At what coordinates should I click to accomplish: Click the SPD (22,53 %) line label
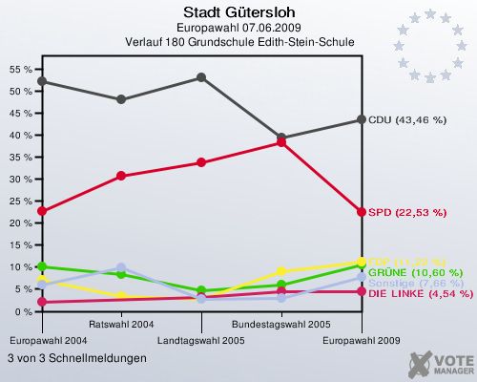click(406, 212)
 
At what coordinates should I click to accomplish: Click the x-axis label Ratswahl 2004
click(120, 325)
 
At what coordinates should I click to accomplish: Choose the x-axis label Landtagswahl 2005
click(200, 340)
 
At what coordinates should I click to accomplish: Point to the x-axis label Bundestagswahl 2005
click(280, 325)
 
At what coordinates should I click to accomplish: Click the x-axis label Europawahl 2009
click(362, 340)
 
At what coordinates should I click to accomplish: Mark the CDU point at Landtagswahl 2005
click(201, 77)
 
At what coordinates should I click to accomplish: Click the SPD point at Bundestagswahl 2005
click(281, 142)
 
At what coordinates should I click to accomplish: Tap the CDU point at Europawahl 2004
click(41, 81)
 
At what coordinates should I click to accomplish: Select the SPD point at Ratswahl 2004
click(121, 176)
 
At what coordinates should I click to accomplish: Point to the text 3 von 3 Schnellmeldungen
click(77, 358)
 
